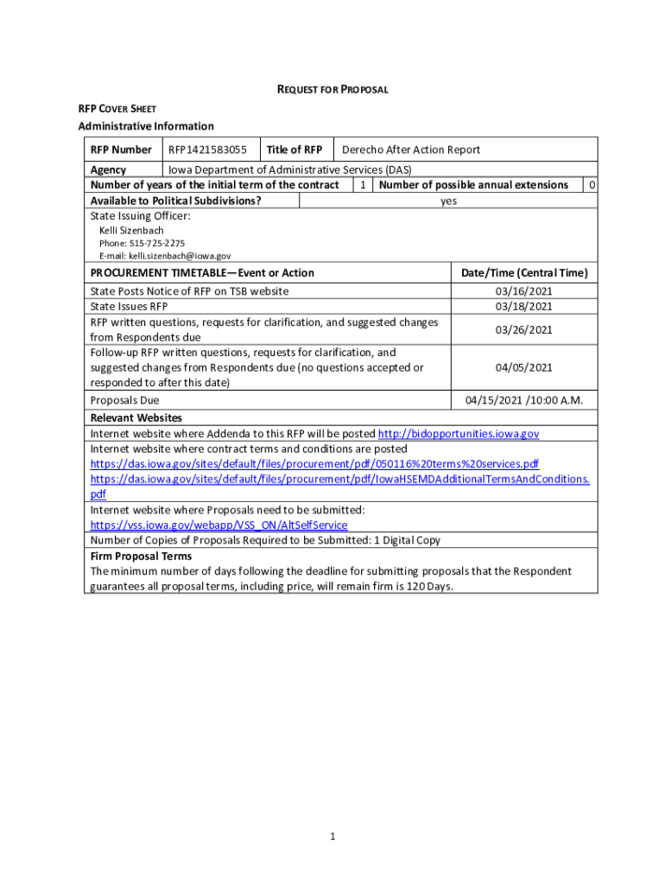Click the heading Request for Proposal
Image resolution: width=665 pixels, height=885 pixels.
[x=332, y=89]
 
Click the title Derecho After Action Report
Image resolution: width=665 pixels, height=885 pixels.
[x=411, y=150]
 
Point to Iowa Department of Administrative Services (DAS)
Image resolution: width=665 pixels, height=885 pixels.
[x=289, y=169]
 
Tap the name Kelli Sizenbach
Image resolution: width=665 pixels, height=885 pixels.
[x=131, y=231]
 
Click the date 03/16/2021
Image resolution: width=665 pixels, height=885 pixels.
[x=523, y=291]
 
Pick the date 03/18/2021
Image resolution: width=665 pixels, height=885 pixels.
[x=523, y=306]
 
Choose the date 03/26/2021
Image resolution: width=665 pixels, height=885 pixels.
[x=523, y=329]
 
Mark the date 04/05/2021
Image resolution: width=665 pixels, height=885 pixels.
[x=523, y=367]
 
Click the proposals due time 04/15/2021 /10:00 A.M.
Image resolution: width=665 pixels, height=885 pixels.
[x=524, y=400]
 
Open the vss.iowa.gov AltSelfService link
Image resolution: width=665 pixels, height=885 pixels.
[x=219, y=525]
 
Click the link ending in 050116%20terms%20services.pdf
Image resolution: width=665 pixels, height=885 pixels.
[x=314, y=463]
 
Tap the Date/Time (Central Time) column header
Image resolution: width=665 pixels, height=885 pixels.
[x=524, y=273]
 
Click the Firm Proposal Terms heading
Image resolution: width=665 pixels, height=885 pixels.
[x=142, y=556]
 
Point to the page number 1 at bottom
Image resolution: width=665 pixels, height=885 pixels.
[x=332, y=837]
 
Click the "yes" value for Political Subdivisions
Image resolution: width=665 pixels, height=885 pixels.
[x=448, y=201]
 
